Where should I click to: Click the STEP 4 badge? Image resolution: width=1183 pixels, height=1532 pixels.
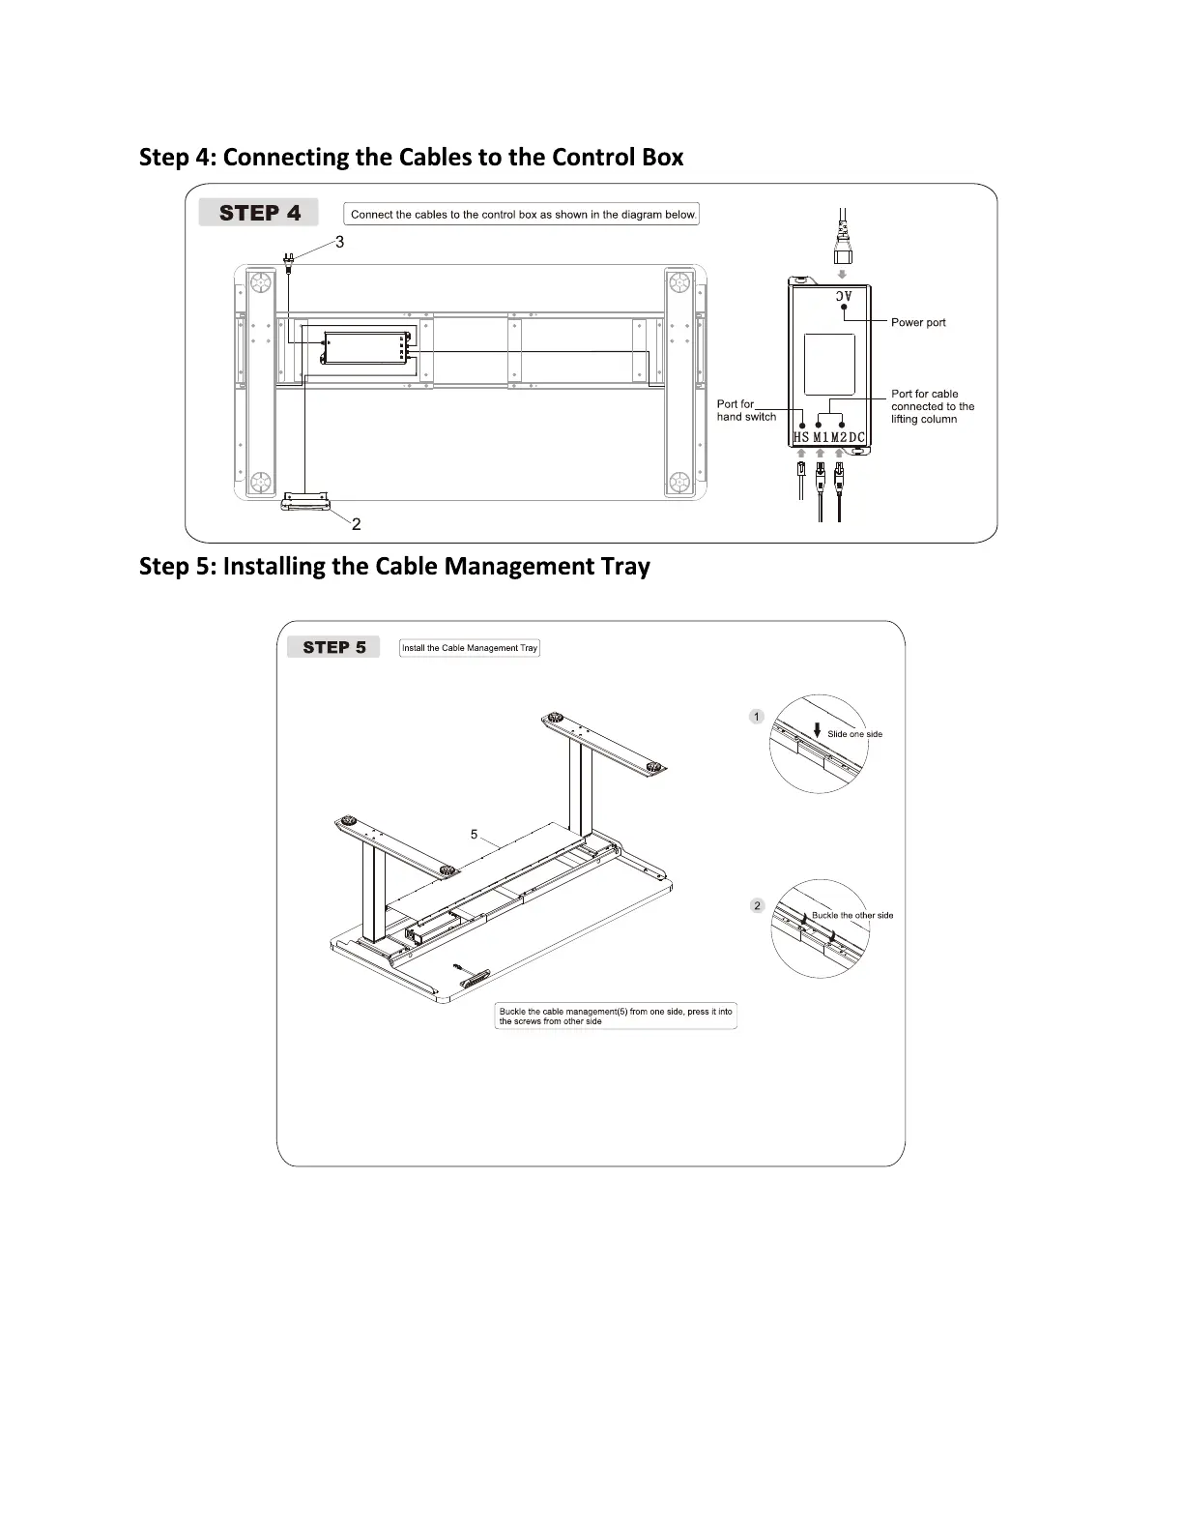(259, 213)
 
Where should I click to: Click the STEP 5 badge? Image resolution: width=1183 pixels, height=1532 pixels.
(333, 647)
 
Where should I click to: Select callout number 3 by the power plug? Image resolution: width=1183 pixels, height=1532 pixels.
(339, 242)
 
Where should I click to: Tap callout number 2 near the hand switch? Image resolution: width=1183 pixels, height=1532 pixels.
(357, 524)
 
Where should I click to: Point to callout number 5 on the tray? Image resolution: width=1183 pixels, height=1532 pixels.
(474, 834)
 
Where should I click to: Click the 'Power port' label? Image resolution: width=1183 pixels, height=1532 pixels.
(918, 322)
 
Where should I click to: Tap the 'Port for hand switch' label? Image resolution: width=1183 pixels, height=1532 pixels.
(745, 410)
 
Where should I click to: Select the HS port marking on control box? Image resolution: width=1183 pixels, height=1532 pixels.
(801, 438)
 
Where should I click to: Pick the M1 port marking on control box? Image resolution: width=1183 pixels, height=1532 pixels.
(821, 438)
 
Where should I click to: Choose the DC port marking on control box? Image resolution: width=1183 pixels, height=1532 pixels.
(857, 438)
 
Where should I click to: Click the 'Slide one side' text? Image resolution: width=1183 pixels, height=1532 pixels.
(854, 734)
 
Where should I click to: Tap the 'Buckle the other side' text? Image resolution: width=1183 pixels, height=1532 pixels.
(852, 915)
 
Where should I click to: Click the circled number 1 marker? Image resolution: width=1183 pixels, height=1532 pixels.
(757, 717)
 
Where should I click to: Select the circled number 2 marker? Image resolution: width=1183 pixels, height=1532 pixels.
(757, 905)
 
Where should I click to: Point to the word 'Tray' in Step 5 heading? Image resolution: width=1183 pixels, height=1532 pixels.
(624, 566)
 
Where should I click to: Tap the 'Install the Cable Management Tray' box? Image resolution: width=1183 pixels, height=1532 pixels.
(470, 648)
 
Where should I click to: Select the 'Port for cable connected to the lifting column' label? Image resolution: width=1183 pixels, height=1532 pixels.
(932, 406)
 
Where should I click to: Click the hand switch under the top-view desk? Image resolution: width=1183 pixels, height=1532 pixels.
(306, 500)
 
